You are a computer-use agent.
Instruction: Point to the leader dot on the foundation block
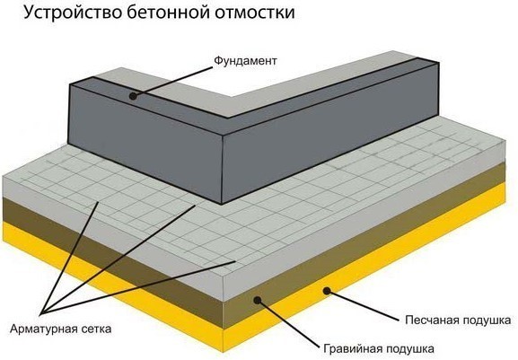pyautogui.click(x=132, y=94)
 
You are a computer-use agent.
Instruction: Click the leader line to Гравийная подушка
pyautogui.click(x=287, y=323)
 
